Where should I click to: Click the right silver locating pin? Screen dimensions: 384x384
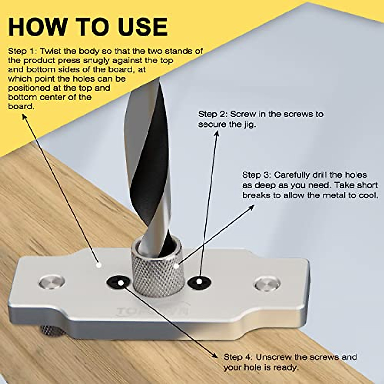click(x=267, y=283)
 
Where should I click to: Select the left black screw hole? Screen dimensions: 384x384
click(x=118, y=282)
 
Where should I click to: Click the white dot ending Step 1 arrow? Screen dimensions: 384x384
click(x=99, y=265)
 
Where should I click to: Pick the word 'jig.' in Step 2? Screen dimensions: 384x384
click(x=249, y=124)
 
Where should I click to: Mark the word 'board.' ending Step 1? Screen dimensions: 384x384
click(x=21, y=106)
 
